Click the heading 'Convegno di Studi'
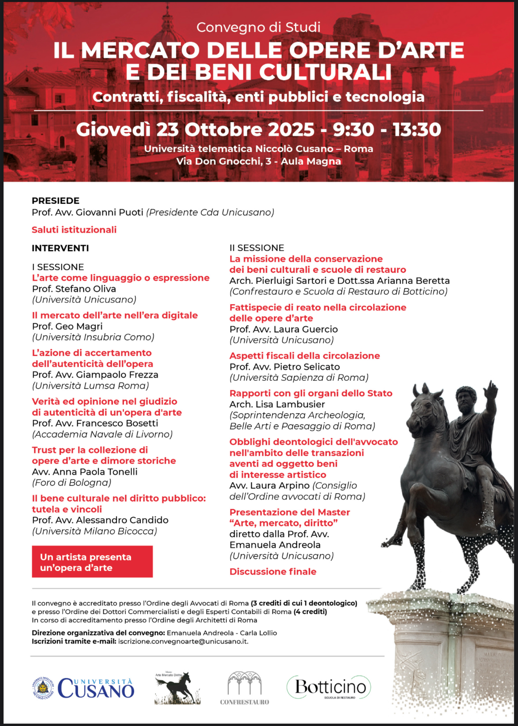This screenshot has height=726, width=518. coord(258,27)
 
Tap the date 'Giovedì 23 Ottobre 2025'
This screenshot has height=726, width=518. coord(195,129)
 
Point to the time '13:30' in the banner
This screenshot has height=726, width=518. coord(417,129)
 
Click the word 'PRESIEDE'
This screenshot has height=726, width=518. coord(56,201)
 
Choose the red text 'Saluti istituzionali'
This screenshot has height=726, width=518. coord(74,230)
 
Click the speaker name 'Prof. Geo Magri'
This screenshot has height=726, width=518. coord(67,326)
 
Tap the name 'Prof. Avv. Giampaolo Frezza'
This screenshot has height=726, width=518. coord(95,375)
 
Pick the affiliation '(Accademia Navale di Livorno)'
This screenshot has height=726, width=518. coord(102,434)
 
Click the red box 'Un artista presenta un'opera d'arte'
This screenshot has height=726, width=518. coord(92,562)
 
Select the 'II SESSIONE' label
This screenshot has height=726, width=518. coord(257,248)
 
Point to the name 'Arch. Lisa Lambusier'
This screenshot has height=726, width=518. coord(277,404)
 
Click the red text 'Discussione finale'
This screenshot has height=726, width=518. coord(273,571)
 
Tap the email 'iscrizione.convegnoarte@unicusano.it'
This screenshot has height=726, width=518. coord(183,641)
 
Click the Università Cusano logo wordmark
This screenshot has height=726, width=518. coord(96,689)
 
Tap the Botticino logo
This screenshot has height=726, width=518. coord(329,687)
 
